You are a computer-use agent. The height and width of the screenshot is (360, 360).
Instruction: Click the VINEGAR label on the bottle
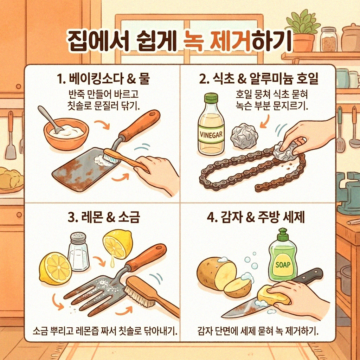(x=211, y=134)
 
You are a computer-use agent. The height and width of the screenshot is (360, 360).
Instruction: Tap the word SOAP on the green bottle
(x=283, y=264)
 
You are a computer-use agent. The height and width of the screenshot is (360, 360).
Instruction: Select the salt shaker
(x=78, y=252)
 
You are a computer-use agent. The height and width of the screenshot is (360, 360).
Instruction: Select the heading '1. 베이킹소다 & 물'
(x=103, y=79)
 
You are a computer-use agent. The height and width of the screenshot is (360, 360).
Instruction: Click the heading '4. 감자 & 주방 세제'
(x=256, y=217)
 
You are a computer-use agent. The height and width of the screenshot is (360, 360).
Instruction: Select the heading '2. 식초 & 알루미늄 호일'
(x=258, y=79)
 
